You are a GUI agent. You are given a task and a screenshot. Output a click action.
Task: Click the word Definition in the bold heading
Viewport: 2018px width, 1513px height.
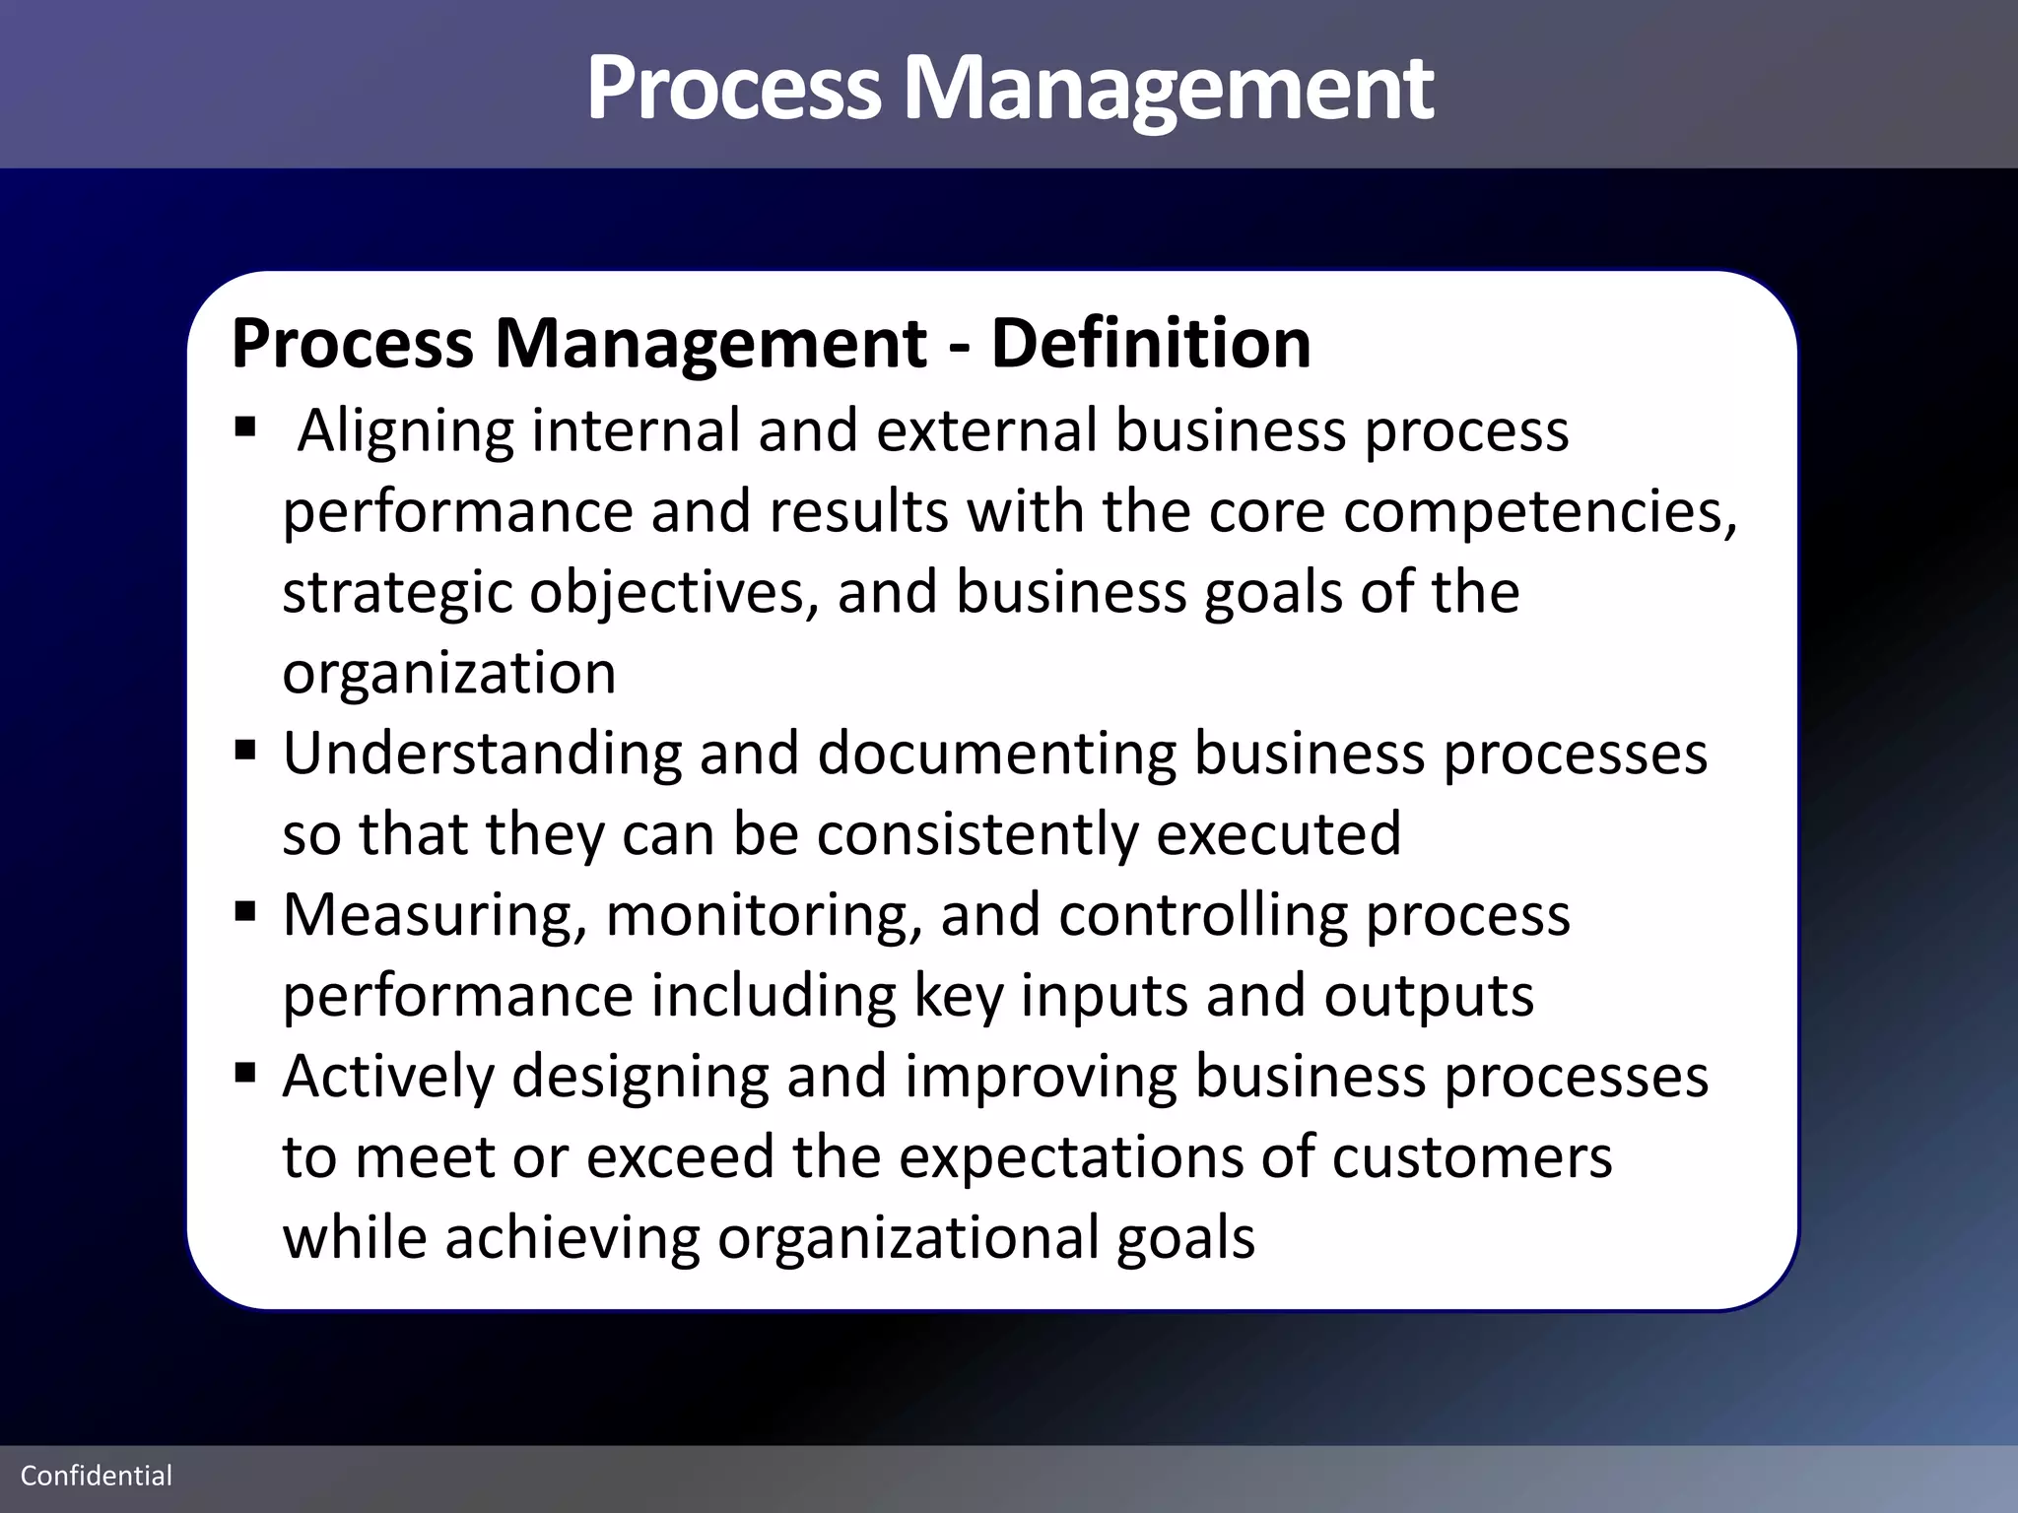pyautogui.click(x=1150, y=344)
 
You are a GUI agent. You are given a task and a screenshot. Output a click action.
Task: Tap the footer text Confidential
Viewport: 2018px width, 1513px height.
pyautogui.click(x=97, y=1476)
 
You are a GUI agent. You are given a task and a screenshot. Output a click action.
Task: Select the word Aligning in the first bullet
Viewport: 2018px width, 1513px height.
pyautogui.click(x=405, y=432)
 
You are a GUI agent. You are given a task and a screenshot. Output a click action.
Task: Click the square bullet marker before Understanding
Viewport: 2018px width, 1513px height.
pyautogui.click(x=245, y=752)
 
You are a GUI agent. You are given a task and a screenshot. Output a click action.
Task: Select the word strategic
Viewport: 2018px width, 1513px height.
pyautogui.click(x=397, y=594)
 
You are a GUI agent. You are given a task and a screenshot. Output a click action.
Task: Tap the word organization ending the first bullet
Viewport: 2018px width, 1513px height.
pyautogui.click(x=449, y=674)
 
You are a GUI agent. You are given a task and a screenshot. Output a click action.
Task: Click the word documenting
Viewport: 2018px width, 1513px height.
pyautogui.click(x=996, y=755)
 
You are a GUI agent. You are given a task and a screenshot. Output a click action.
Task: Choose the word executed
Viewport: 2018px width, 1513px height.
pyautogui.click(x=1278, y=835)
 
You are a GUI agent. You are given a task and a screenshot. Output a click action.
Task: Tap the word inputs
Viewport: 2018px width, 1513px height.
pyautogui.click(x=1104, y=997)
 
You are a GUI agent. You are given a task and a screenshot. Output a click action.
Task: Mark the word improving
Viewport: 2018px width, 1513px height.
pyautogui.click(x=1041, y=1078)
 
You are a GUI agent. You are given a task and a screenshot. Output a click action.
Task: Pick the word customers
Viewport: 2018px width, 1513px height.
pyautogui.click(x=1472, y=1158)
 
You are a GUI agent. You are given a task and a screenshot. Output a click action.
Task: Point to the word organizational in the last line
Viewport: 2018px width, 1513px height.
pyautogui.click(x=908, y=1239)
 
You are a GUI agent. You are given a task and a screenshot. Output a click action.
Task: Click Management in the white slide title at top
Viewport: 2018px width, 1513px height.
pyautogui.click(x=1168, y=89)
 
